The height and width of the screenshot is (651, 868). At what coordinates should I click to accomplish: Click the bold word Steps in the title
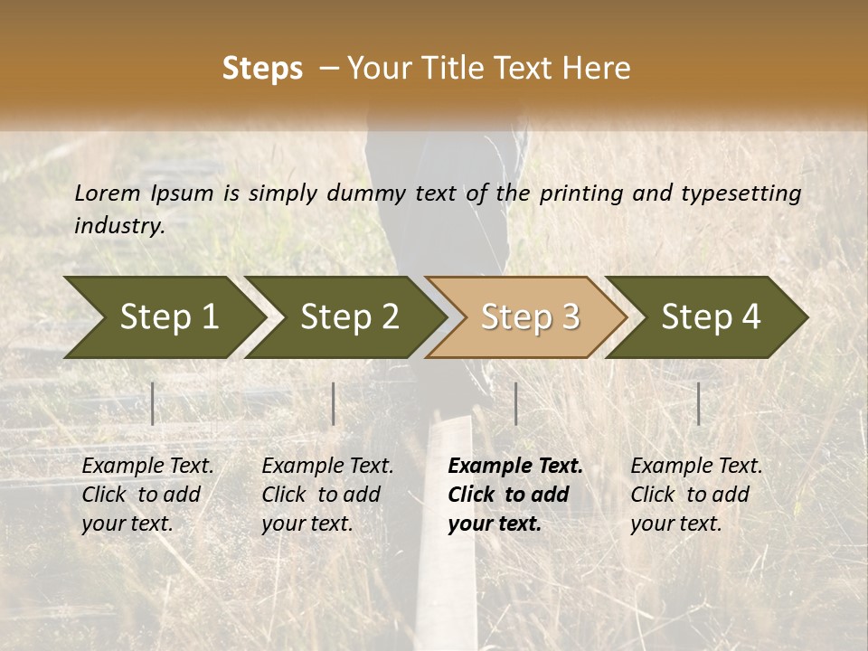(x=262, y=69)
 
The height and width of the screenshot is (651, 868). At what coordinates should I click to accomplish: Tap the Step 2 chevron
(x=347, y=317)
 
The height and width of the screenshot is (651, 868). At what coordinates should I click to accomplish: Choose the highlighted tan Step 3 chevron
(x=528, y=317)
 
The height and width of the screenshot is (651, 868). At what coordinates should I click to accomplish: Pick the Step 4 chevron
(x=710, y=317)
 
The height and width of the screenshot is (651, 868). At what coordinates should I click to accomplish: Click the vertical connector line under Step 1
(x=153, y=403)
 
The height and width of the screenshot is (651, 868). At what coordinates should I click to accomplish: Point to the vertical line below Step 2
(x=334, y=403)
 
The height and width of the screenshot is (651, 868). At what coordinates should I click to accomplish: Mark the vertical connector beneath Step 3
(x=515, y=403)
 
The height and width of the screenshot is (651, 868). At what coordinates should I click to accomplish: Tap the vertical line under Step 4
(x=698, y=403)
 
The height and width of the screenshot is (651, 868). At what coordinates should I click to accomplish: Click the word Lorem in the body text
(x=108, y=193)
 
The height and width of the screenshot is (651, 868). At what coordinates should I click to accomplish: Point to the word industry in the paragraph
(x=119, y=226)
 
